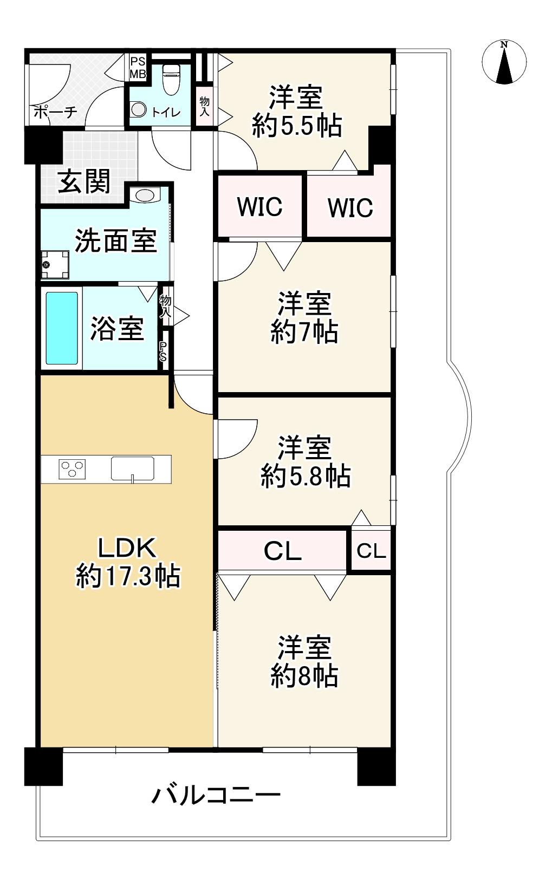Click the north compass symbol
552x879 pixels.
coord(504,63)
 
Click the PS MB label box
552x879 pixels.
coord(137,67)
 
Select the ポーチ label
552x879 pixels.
coord(55,113)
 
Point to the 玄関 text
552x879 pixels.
coord(85,181)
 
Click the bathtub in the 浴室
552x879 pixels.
coord(62,328)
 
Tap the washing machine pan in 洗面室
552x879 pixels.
coord(55,264)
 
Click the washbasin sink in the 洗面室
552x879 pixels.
coord(144,195)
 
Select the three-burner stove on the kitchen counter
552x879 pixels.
coord(72,468)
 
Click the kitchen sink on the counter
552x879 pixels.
coord(133,468)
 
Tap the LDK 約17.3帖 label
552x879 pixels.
coord(128,562)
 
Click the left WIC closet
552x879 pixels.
coord(259,206)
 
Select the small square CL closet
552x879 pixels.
coord(371,551)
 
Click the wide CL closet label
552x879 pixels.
coord(282,551)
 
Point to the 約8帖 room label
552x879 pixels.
coord(304,662)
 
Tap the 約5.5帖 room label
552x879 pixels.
coord(297,112)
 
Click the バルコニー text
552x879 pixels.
coord(216,796)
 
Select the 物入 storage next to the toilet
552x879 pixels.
coord(205,106)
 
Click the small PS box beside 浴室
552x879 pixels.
coord(163,354)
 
